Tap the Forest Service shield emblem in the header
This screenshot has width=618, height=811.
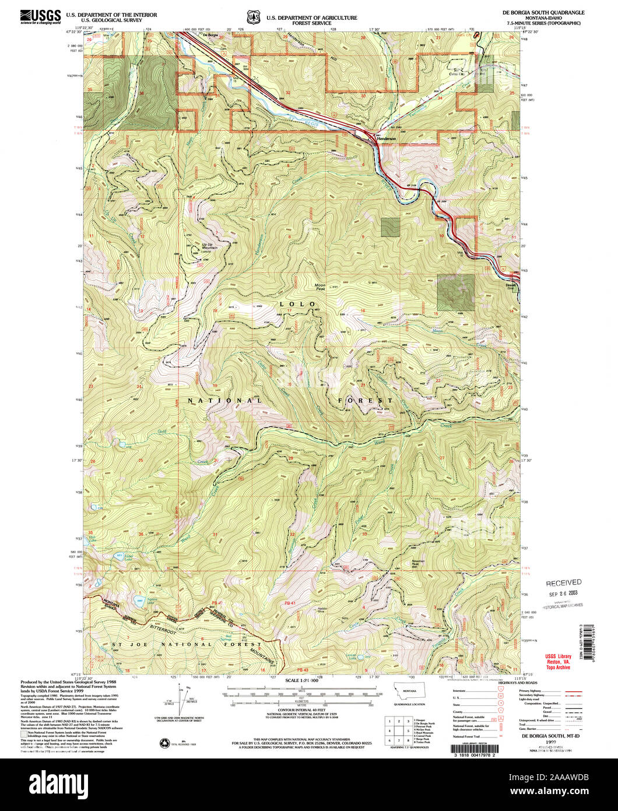tap(253, 17)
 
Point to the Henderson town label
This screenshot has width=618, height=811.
tap(386, 139)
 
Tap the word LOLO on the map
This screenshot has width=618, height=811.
tap(297, 304)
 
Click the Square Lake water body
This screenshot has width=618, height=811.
tap(139, 599)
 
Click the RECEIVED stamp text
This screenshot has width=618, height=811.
tap(563, 582)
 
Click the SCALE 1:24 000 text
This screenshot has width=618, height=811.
tap(301, 681)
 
